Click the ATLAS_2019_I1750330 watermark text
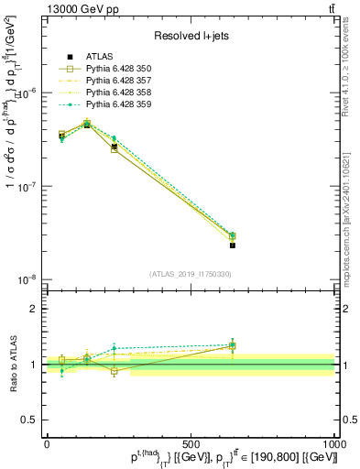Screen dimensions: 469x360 (191, 274)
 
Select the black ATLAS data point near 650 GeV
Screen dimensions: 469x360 (233, 245)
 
